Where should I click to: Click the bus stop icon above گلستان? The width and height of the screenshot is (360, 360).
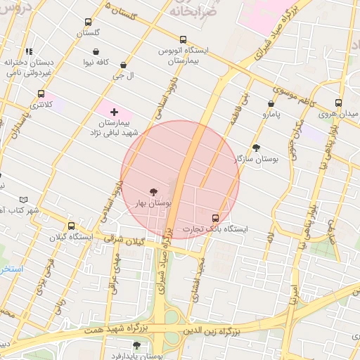88,22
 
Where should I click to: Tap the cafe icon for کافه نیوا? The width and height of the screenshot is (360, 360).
96,51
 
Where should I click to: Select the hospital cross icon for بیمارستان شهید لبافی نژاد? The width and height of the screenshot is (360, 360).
114,112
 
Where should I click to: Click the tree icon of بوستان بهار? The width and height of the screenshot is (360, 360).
153,191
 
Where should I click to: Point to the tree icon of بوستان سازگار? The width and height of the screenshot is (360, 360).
255,148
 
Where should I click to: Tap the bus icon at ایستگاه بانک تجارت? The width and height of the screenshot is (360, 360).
215,218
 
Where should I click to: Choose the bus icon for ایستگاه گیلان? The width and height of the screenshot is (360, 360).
71,226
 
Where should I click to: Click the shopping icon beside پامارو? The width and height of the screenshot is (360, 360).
271,102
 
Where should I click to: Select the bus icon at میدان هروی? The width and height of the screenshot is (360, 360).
339,103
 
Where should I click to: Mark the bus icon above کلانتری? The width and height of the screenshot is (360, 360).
41,94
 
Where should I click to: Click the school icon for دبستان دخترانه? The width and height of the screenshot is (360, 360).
29,51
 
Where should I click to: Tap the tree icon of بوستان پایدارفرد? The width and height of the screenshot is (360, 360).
136,345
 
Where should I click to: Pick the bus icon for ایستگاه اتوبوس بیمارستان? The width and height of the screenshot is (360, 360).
184,40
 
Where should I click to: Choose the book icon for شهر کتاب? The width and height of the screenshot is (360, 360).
25,200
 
